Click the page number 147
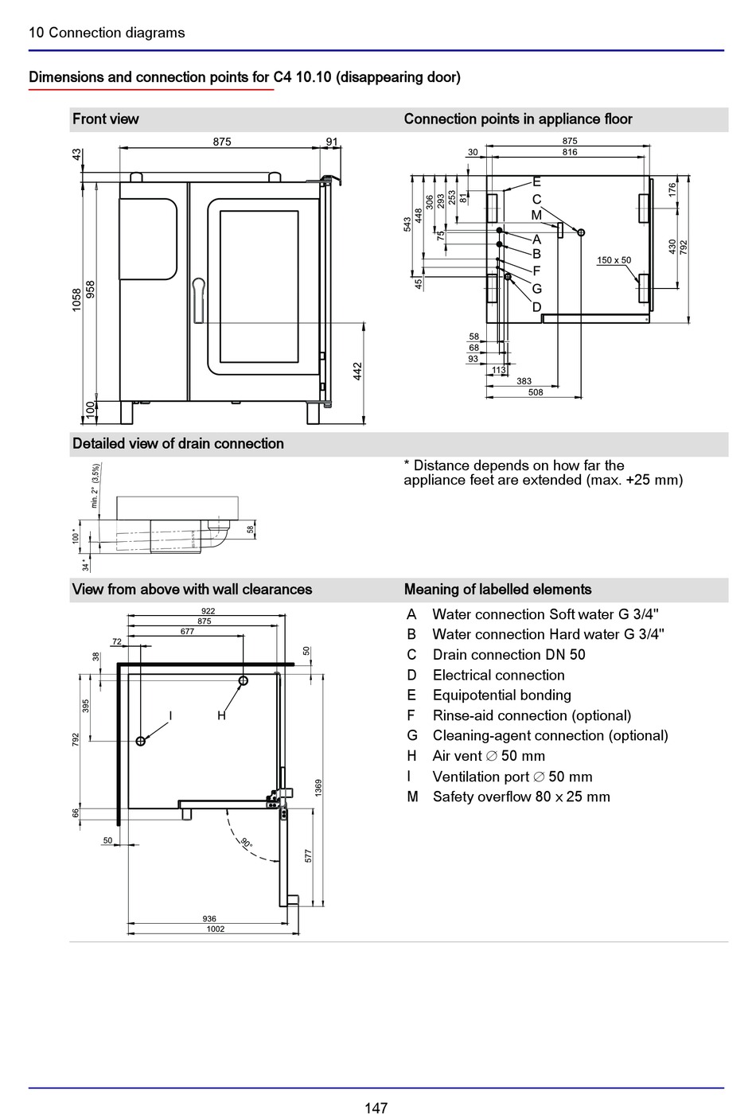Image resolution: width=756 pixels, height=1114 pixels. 376,1107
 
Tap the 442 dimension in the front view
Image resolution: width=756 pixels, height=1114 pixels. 357,372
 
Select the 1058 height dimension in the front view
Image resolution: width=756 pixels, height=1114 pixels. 76,301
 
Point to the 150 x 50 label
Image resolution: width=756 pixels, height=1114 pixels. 614,260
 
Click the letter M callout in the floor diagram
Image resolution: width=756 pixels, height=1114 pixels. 536,216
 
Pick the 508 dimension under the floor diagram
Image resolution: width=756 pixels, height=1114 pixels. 535,392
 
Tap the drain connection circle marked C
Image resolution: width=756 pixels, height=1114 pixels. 580,232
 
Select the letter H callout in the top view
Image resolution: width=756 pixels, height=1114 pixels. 221,715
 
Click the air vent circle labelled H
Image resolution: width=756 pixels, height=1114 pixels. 244,681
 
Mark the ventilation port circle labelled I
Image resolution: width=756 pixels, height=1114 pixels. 140,742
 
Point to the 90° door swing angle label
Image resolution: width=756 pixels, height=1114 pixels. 247,843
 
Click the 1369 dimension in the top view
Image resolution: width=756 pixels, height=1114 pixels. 318,788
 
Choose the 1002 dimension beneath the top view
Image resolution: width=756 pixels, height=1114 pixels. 216,929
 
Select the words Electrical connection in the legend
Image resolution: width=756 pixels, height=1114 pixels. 498,676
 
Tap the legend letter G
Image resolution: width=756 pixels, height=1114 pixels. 412,735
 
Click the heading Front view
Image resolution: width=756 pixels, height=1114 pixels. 105,119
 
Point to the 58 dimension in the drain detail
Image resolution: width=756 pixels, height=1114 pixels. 251,529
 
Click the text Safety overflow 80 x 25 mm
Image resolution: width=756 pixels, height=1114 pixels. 521,797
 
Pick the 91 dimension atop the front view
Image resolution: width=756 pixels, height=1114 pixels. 332,142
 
